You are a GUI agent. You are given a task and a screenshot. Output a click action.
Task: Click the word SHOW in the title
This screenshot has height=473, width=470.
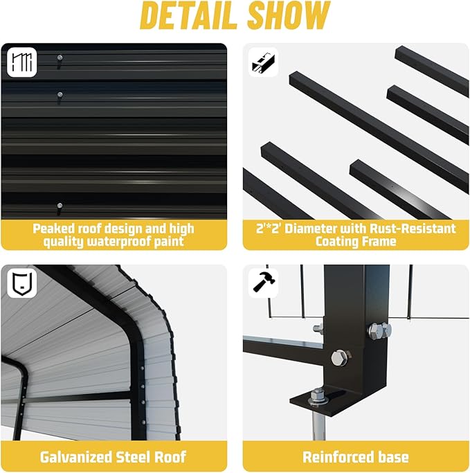[289, 15]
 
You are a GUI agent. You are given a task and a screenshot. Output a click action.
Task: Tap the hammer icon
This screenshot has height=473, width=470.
[264, 283]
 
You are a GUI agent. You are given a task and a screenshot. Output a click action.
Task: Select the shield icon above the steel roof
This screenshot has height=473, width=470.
[22, 283]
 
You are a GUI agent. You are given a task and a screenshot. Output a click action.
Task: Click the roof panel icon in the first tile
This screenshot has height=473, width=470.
[22, 62]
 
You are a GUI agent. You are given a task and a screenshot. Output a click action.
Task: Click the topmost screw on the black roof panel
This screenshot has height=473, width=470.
[60, 57]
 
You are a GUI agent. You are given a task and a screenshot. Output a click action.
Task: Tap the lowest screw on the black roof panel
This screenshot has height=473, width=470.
[60, 206]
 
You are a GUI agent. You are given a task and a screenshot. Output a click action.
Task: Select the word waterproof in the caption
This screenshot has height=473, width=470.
[119, 242]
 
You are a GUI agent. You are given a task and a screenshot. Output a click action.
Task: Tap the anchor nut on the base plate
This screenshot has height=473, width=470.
[317, 396]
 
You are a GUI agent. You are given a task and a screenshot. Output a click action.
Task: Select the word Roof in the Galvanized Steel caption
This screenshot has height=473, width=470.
[170, 456]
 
